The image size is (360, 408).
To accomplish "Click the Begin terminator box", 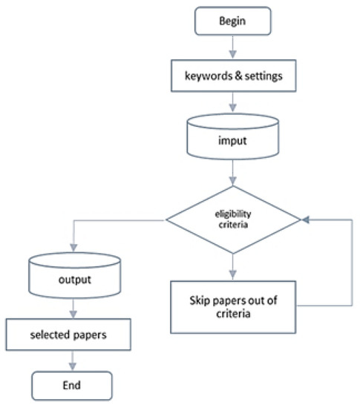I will pos(233,20).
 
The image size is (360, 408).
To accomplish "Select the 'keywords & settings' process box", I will pos(233,76).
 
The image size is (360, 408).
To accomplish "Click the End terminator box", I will pos(73,385).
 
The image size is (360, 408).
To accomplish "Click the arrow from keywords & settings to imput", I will pos(233,102).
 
